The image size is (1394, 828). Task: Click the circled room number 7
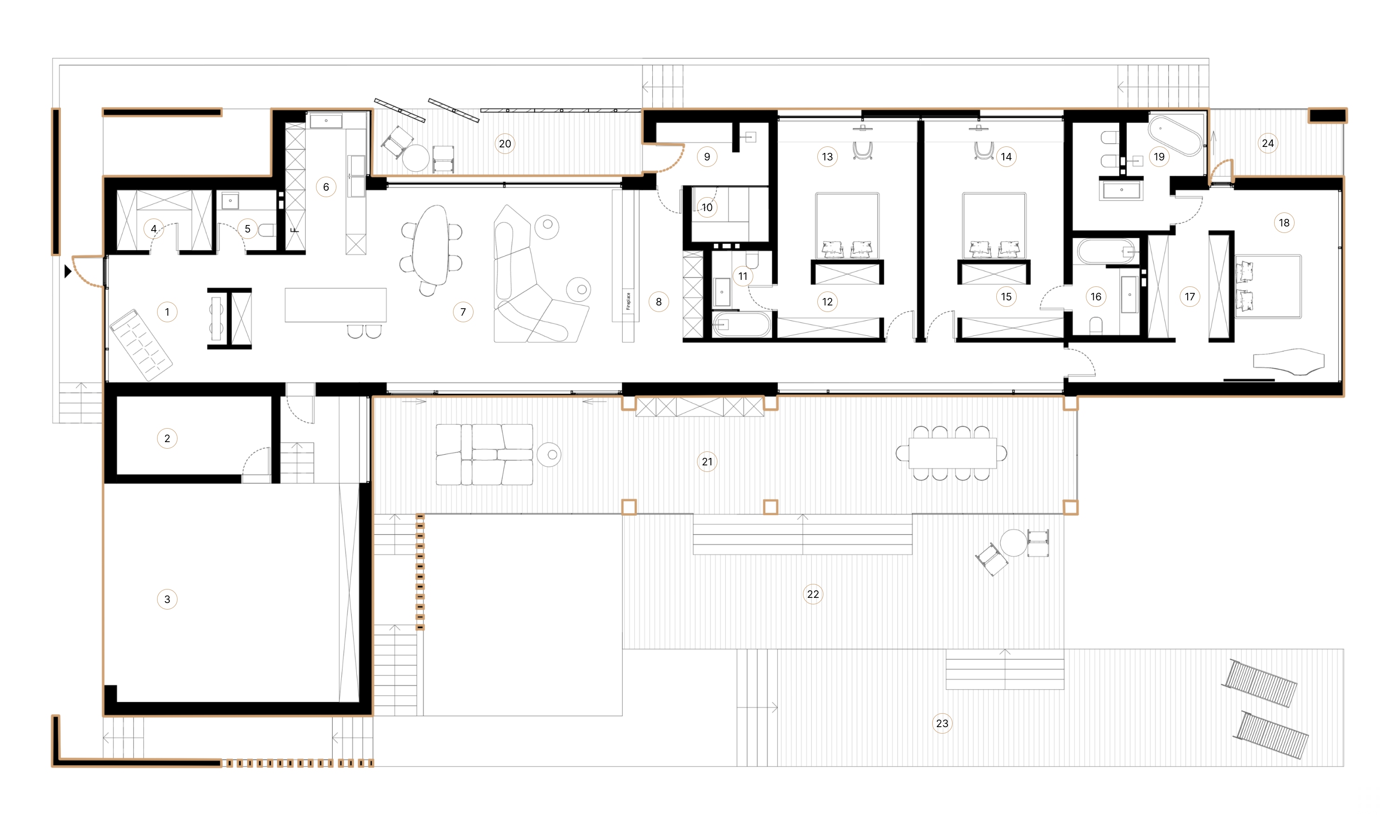[463, 312]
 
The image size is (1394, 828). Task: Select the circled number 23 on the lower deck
[942, 724]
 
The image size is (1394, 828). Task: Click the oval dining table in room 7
[430, 245]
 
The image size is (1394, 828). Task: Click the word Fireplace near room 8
[628, 301]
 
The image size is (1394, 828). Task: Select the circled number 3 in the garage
[167, 599]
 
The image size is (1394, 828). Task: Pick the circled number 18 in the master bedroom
[1283, 223]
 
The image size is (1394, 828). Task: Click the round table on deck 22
[1013, 543]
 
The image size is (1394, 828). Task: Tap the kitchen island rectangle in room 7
[335, 305]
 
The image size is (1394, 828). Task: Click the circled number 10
[706, 207]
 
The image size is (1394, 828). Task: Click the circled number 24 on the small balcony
[1268, 143]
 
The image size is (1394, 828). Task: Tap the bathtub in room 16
[1105, 252]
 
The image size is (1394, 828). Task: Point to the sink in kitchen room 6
[326, 121]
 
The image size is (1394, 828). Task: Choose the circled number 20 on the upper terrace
[505, 144]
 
